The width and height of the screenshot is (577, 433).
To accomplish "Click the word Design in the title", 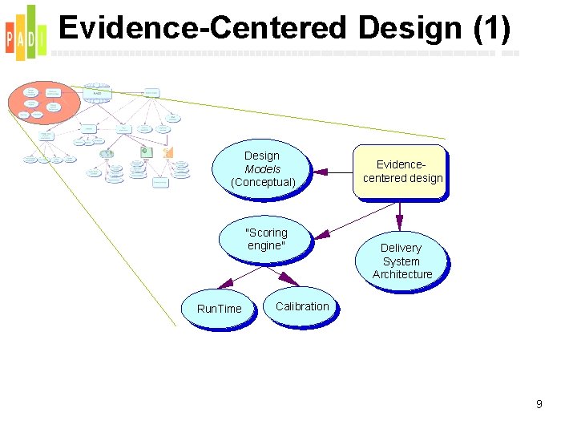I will [x=410, y=28].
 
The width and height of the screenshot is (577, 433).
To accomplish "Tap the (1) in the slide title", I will [x=491, y=28].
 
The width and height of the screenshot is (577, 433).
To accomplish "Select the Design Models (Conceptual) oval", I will [x=261, y=169].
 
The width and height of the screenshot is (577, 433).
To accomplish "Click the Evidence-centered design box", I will [x=401, y=172].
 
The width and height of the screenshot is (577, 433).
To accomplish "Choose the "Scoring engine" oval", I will [x=265, y=239].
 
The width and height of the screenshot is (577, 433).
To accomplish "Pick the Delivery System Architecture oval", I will [x=401, y=261].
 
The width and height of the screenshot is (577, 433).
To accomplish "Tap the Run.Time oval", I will [x=219, y=309].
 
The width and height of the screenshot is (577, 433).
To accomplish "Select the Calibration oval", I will [x=301, y=306].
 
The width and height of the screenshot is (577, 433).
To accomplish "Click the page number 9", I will [x=539, y=404].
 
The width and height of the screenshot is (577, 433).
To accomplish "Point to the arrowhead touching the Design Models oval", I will [x=320, y=171].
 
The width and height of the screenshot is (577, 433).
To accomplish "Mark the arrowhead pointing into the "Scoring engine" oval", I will [x=321, y=235].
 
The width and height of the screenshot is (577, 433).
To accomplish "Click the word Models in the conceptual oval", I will [x=262, y=169].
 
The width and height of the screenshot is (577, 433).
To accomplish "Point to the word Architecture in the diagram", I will [x=401, y=274].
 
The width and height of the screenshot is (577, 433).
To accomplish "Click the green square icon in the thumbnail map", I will [x=145, y=151].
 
